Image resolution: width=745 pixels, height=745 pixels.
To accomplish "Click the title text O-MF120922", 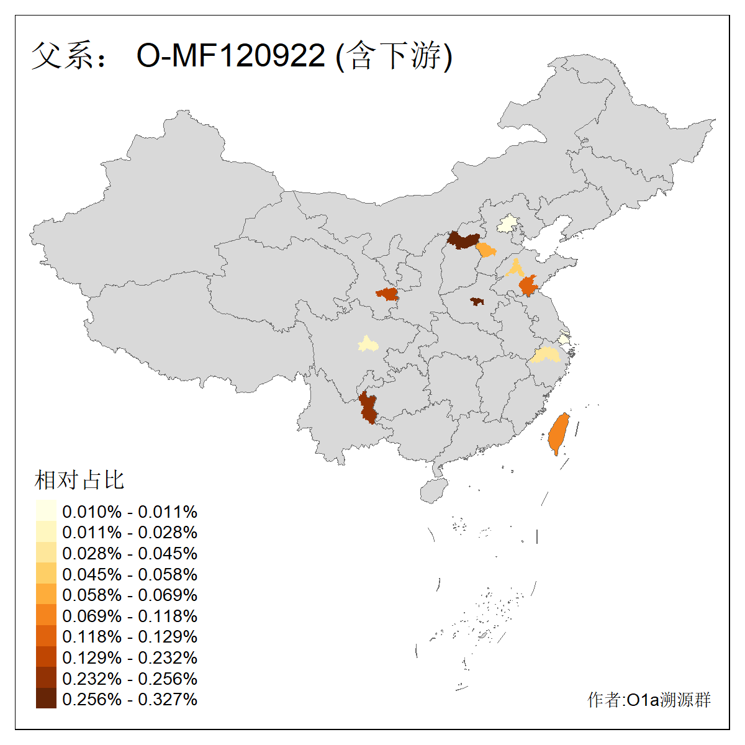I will [x=230, y=56].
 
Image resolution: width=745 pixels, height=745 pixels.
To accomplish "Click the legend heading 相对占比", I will [x=79, y=480].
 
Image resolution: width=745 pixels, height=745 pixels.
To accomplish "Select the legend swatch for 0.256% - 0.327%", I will [x=46, y=698].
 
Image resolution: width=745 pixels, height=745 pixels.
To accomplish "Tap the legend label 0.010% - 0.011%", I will [x=130, y=512].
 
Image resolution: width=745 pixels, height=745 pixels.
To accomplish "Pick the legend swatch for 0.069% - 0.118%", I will [x=46, y=615].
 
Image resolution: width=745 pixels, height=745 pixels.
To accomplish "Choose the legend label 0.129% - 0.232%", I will [x=130, y=657].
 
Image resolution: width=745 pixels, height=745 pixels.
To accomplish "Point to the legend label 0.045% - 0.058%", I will [x=130, y=574].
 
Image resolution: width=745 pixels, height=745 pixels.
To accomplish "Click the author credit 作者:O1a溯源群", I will [x=649, y=700].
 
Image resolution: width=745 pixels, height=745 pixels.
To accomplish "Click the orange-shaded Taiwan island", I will [x=559, y=433].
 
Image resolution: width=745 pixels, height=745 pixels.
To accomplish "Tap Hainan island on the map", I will [x=434, y=490].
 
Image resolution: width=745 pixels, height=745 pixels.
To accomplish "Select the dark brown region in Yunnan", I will [x=368, y=409].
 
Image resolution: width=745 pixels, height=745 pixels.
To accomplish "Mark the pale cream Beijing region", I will [x=508, y=224].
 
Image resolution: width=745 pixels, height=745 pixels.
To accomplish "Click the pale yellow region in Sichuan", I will [x=368, y=344].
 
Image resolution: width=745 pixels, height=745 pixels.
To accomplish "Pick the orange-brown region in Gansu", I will [x=387, y=294].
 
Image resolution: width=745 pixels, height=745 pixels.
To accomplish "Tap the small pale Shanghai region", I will [x=563, y=340].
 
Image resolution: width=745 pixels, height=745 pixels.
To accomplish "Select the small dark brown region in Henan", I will [x=476, y=302].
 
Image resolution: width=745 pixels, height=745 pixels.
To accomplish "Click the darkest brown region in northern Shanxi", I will [x=463, y=240].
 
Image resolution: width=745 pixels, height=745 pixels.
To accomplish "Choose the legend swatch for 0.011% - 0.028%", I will [x=46, y=532].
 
